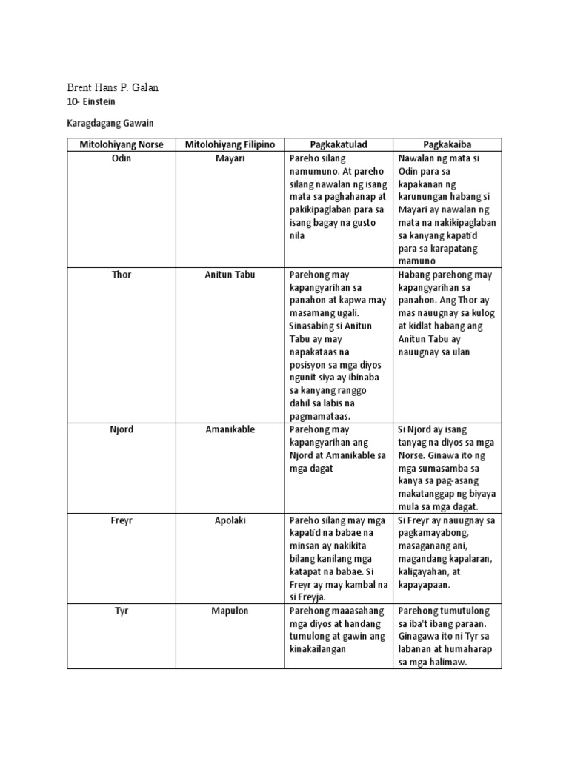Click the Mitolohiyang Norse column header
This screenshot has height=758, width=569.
tap(122, 144)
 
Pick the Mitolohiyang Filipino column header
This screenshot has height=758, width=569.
tap(230, 144)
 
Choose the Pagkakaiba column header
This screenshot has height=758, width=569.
tap(447, 144)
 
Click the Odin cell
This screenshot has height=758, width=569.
tap(122, 158)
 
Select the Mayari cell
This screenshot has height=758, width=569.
tap(230, 158)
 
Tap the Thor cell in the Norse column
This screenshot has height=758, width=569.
tap(122, 275)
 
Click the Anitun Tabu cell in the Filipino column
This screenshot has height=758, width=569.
tap(230, 275)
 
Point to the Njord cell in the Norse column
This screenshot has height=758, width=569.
tap(122, 429)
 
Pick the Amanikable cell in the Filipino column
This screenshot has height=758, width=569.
tap(230, 429)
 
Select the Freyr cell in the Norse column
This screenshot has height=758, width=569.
tap(122, 520)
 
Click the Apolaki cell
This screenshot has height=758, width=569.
tap(230, 520)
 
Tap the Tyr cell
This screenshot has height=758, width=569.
tap(122, 611)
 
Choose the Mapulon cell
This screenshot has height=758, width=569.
tap(230, 611)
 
